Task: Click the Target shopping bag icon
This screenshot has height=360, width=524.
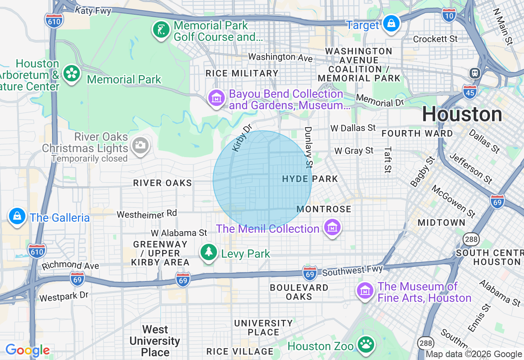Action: point(391,24)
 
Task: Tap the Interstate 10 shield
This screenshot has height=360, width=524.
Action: point(449,15)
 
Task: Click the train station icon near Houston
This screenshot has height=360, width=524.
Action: point(475,73)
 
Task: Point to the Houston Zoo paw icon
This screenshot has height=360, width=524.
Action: point(365,345)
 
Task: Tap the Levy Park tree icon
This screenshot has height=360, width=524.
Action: point(209,252)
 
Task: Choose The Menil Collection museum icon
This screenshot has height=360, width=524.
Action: point(332,227)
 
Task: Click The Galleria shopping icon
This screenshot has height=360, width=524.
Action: point(17,216)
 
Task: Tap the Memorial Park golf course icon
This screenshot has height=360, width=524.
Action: point(161,30)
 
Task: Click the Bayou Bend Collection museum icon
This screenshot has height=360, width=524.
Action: point(217,98)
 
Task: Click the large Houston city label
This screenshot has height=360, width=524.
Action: point(462,114)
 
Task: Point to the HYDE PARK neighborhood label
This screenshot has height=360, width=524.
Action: point(310,179)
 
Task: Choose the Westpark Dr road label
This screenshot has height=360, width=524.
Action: point(64,296)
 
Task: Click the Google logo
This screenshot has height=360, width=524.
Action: point(27,351)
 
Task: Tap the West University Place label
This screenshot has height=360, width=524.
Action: point(155,341)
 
